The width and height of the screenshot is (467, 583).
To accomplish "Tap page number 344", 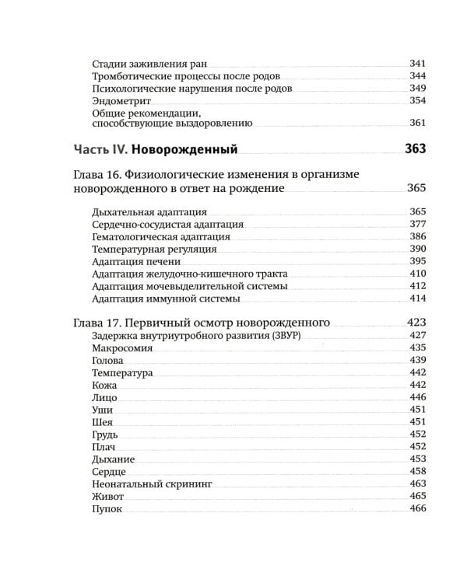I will [418, 76].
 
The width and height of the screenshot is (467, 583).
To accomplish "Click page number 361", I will [418, 123].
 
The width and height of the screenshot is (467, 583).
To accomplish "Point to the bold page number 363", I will [416, 148].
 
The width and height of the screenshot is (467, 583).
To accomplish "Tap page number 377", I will [418, 225].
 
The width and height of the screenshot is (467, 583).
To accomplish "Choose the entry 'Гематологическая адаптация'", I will [160, 237].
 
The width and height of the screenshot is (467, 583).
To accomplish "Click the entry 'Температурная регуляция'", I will [153, 250].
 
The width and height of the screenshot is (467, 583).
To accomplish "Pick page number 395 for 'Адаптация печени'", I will [418, 261].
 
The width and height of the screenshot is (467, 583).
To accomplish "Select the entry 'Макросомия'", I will [121, 348].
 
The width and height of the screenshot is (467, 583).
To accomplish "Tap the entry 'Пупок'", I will [107, 508].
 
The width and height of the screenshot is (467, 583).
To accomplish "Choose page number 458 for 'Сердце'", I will [418, 472].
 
